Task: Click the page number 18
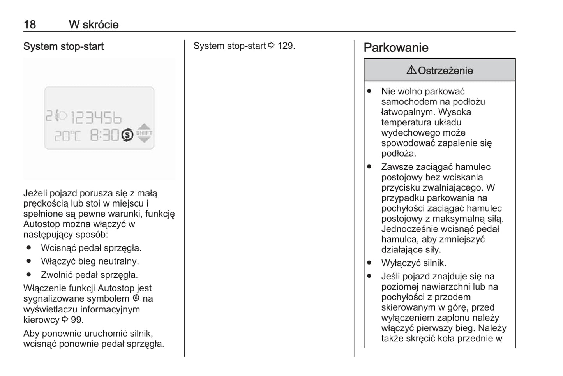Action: click(x=30, y=25)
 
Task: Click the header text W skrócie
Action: click(x=94, y=25)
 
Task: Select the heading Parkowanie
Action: click(x=396, y=48)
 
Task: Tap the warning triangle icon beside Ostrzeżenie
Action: click(x=411, y=70)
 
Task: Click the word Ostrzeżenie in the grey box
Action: click(x=445, y=71)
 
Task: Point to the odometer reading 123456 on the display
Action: click(x=96, y=117)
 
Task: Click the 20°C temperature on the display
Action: click(x=67, y=136)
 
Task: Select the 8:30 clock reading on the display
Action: click(x=104, y=135)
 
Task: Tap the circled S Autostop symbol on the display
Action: click(x=127, y=135)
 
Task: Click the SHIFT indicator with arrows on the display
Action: click(x=144, y=133)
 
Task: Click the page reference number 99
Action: click(x=77, y=320)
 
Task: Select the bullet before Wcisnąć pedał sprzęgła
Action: click(x=29, y=248)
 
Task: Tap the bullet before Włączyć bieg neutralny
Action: click(x=29, y=261)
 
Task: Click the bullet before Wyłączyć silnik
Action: click(x=369, y=263)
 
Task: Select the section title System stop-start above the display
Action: click(x=64, y=46)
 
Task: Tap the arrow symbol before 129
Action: click(x=272, y=46)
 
